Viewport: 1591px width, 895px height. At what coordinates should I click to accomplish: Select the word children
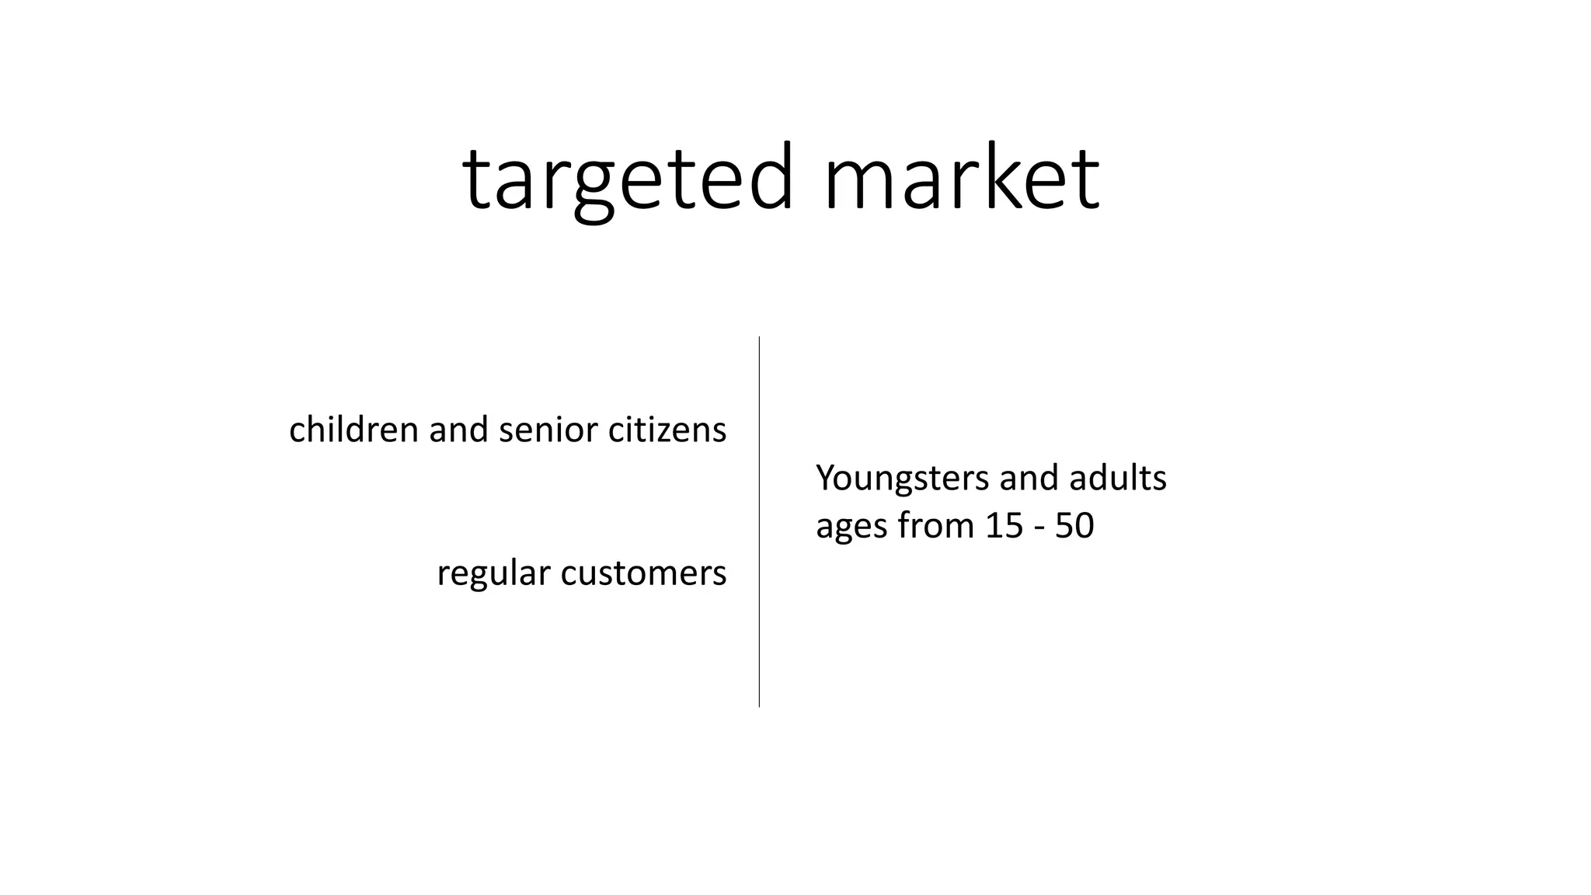tap(353, 430)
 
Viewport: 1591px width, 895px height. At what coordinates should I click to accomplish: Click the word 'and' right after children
tap(458, 430)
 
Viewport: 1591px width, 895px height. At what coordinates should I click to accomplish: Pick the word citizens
tap(667, 430)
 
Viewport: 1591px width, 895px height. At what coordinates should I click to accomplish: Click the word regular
tap(493, 574)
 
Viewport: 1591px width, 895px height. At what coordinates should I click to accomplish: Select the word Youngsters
tap(903, 479)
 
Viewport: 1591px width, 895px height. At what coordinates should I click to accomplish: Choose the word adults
tap(1118, 478)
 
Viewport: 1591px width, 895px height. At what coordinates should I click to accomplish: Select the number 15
tap(1004, 526)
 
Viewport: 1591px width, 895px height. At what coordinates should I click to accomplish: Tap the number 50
tap(1074, 526)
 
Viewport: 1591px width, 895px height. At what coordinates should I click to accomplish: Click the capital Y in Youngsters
tap(826, 478)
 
